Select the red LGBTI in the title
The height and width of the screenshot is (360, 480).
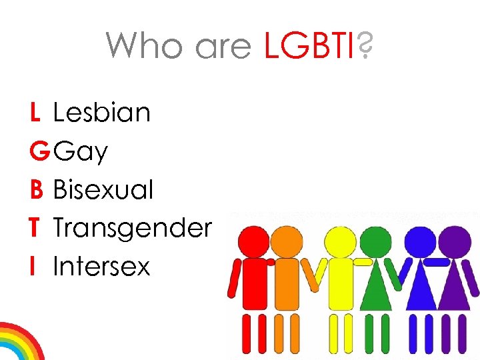pos(310,46)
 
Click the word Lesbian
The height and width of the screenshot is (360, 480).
pos(102,113)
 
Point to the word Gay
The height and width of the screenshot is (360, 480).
pos(81,152)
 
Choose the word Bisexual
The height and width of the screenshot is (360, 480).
pos(103,189)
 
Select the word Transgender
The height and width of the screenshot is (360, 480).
pos(132,229)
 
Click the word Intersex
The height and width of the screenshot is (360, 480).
pos(101,267)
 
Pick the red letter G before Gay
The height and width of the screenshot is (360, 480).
pos(39,151)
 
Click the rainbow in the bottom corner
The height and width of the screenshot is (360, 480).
pos(19,343)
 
